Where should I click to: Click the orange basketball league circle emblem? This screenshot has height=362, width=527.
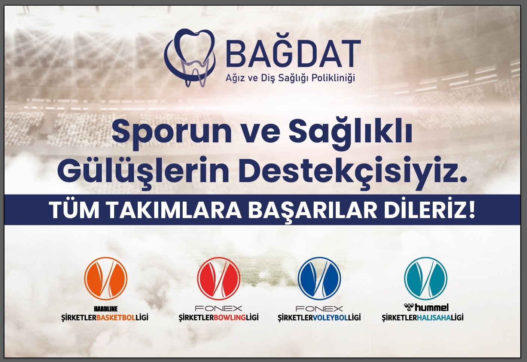106,278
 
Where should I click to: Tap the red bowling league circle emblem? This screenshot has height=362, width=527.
219,278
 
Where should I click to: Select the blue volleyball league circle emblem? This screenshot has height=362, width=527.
319,278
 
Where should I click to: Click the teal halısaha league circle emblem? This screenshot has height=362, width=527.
426,278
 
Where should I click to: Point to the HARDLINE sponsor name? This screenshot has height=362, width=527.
105,309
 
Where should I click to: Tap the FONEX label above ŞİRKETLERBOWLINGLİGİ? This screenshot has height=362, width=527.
219,309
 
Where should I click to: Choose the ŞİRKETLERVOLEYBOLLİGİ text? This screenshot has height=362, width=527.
319,318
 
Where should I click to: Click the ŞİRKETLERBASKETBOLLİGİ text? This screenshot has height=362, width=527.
105,318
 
